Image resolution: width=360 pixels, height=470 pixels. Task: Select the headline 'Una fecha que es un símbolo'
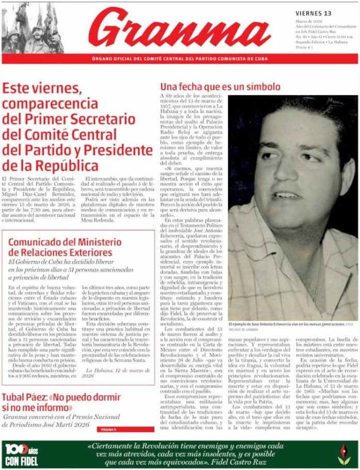(x=220, y=86)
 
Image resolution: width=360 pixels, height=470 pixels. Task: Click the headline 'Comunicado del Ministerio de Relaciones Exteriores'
(x=65, y=247)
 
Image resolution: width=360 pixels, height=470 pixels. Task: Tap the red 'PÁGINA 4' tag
(x=108, y=429)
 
